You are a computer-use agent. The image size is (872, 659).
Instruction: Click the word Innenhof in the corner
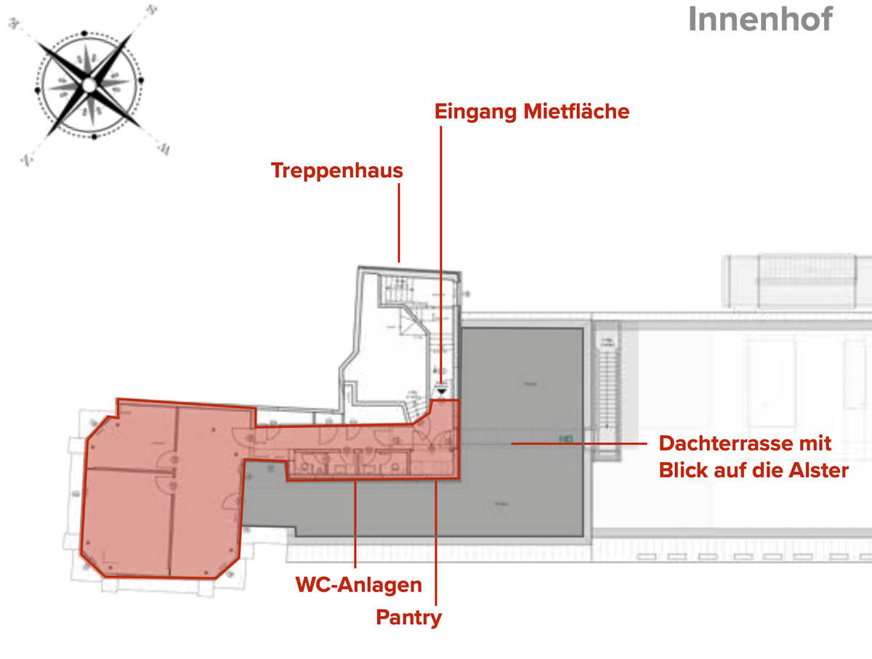pos(759,20)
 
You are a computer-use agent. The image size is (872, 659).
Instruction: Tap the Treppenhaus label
pos(336,171)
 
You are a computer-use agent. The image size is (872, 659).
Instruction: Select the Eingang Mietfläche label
pos(531,112)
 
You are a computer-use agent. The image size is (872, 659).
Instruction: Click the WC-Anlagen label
pos(358,585)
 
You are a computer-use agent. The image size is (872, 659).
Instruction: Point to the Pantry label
pos(408,618)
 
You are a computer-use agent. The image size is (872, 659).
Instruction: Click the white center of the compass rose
pos(89,85)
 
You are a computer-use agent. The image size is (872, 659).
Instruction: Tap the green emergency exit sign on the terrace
pos(565,438)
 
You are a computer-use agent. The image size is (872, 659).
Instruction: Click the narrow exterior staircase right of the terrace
pos(605,392)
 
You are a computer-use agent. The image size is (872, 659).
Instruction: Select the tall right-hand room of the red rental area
pos(207,494)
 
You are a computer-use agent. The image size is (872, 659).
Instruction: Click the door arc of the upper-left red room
pos(166,459)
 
